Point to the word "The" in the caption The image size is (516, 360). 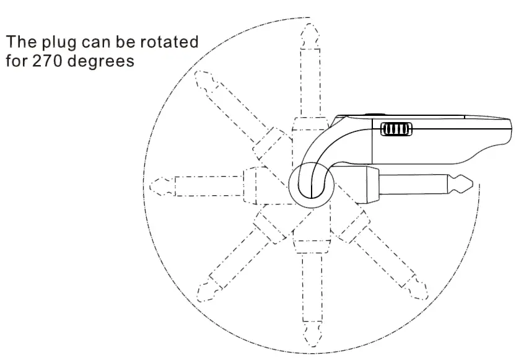pyautogui.click(x=19, y=43)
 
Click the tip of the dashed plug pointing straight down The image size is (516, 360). pyautogui.click(x=309, y=345)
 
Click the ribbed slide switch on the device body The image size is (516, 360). pyautogui.click(x=396, y=130)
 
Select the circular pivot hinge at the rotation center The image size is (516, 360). pyautogui.click(x=310, y=185)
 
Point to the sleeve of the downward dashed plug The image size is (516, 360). pyautogui.click(x=309, y=285)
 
